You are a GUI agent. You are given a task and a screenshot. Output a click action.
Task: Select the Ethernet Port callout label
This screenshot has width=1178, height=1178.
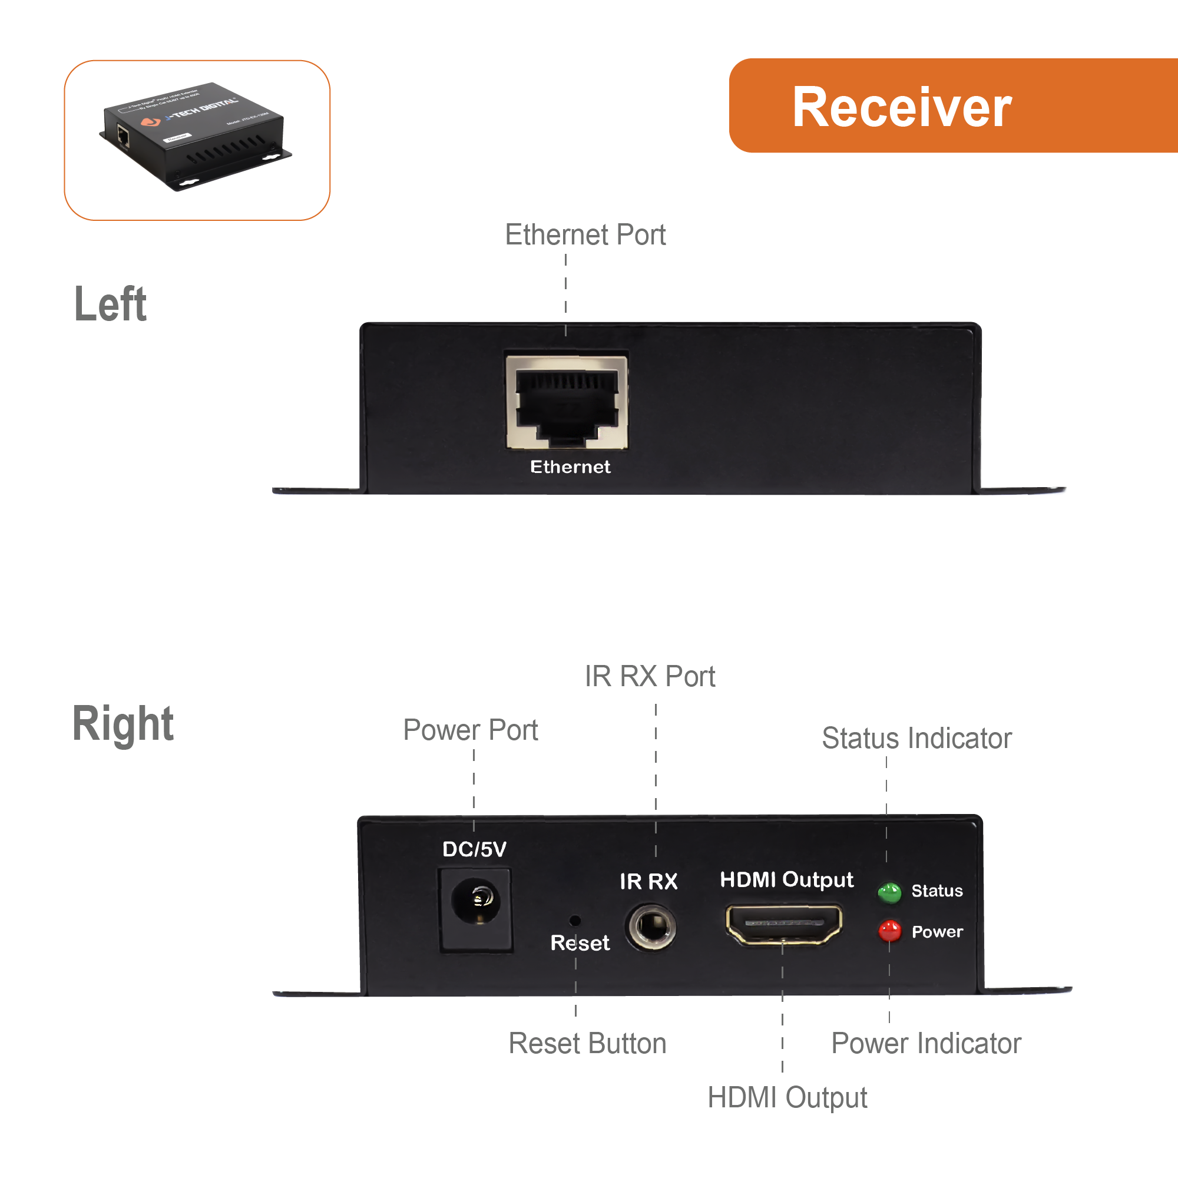[585, 235]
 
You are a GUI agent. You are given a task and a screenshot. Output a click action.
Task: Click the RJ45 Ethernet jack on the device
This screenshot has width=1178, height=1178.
[567, 402]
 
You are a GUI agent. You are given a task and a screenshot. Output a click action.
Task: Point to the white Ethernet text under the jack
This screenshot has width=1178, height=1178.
[570, 467]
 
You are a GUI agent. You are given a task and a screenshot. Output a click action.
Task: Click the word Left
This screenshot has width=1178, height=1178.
[110, 304]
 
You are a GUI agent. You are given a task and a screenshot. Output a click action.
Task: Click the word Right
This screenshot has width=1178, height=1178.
[123, 724]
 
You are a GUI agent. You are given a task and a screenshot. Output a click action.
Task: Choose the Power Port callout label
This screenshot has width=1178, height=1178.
[470, 730]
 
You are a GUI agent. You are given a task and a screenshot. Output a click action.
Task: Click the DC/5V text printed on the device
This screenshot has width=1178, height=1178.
[474, 849]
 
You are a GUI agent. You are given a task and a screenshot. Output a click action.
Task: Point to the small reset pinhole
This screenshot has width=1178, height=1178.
[574, 921]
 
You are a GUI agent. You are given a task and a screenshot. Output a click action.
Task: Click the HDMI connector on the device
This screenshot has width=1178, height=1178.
[783, 923]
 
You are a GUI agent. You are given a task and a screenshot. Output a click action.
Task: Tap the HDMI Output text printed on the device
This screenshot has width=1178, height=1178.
[786, 879]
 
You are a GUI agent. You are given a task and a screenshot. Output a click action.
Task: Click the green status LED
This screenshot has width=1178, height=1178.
[889, 893]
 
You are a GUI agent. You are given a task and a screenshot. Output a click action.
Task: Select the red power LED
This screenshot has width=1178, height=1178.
[889, 931]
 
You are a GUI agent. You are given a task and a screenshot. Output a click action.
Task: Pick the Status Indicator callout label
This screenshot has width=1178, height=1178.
[916, 739]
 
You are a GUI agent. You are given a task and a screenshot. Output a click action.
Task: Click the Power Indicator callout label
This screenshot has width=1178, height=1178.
[925, 1043]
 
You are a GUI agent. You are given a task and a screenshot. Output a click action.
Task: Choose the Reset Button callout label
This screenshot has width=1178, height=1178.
[587, 1043]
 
